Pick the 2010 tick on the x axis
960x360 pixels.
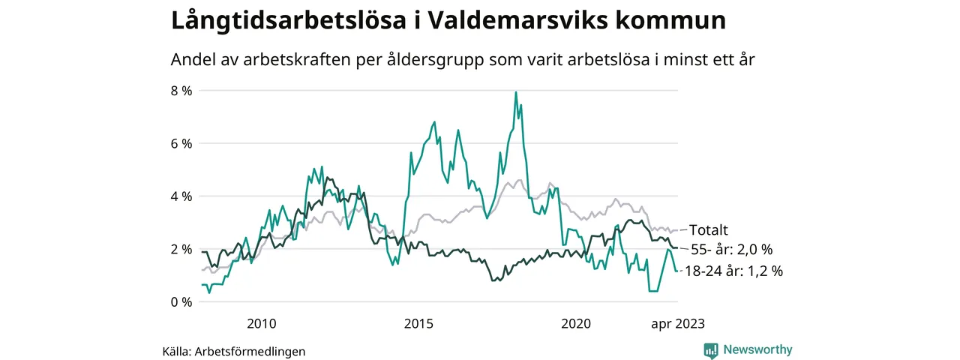[261, 324]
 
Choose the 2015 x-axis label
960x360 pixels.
[418, 324]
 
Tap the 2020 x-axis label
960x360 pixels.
[576, 324]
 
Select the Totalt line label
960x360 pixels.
[709, 229]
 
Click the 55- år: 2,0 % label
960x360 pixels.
[731, 249]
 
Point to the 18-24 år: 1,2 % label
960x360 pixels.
[733, 271]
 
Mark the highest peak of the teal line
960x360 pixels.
[516, 92]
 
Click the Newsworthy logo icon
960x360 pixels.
[711, 349]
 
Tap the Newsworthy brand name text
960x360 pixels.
[757, 349]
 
